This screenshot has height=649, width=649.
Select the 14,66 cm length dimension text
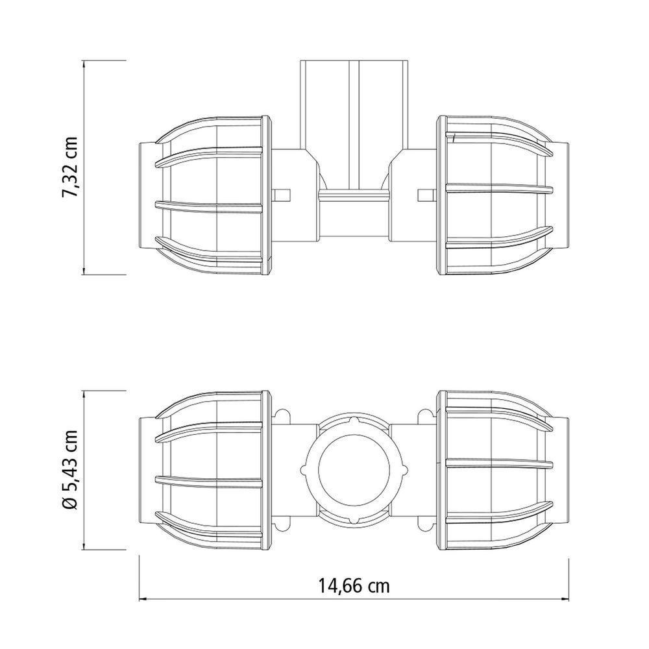[354, 586]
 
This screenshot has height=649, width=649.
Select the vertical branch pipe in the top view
[354, 123]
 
